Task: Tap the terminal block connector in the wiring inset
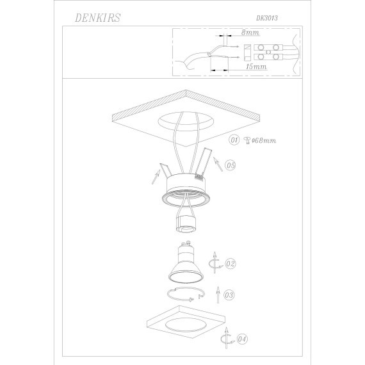272,52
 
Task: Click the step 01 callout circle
234,140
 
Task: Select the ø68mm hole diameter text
263,140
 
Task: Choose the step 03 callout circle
229,295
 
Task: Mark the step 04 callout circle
242,337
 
